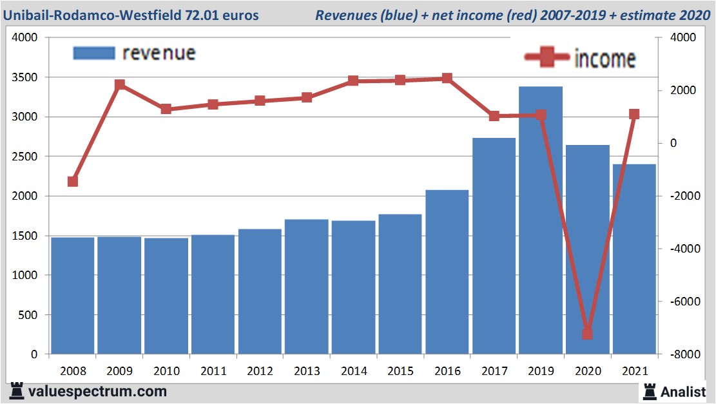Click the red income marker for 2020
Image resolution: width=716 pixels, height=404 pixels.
(587, 334)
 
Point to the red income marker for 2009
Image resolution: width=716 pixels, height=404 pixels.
(119, 85)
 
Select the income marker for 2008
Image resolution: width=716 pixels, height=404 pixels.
(73, 181)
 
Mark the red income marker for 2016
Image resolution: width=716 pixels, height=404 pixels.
(447, 79)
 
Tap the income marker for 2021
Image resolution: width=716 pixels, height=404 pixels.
(634, 114)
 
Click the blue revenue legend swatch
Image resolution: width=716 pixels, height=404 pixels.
(94, 53)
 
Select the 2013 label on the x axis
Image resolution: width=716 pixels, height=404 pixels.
(307, 371)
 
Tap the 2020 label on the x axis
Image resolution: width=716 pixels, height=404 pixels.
(588, 371)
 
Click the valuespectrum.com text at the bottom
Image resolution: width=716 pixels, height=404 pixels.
(97, 391)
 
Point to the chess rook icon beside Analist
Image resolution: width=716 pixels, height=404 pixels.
(650, 390)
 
